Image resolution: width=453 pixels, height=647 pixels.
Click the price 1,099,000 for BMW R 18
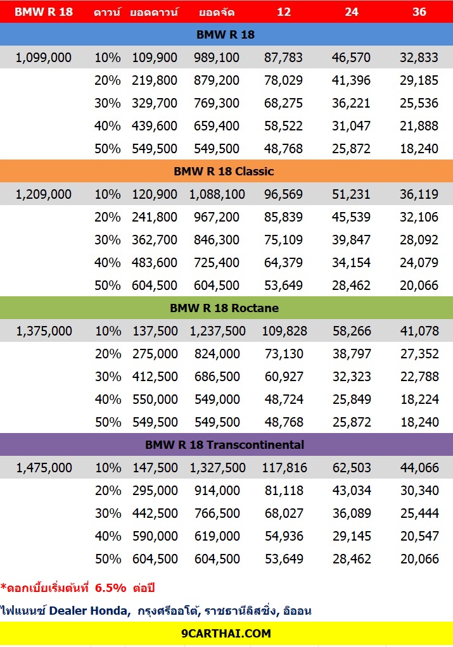(43, 58)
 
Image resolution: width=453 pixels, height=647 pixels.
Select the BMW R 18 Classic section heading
(224, 171)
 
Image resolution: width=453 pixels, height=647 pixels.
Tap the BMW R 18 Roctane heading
(224, 308)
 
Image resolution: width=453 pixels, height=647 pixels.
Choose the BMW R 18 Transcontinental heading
(225, 445)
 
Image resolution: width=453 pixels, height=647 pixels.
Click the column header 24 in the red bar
(352, 11)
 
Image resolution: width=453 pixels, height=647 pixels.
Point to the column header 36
(419, 11)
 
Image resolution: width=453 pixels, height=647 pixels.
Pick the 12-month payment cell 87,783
(283, 58)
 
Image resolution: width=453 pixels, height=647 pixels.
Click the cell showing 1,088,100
(217, 194)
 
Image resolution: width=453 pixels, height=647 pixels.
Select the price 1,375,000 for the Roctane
(44, 331)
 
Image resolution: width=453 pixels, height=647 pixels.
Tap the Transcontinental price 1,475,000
(44, 468)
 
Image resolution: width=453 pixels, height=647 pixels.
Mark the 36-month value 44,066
(419, 468)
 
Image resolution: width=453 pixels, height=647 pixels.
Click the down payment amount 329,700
(155, 103)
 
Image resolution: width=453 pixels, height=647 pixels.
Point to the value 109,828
(284, 331)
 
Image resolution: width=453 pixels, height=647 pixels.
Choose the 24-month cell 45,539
(352, 217)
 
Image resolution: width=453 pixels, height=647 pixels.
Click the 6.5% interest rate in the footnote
(110, 588)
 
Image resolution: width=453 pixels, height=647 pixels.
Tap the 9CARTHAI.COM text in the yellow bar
(226, 633)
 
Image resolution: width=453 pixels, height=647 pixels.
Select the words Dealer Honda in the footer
(88, 611)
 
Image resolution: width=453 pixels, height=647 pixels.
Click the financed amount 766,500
(217, 513)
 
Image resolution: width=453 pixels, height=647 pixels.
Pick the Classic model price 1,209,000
(43, 194)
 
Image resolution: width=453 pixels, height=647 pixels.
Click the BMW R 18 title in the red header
(43, 11)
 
